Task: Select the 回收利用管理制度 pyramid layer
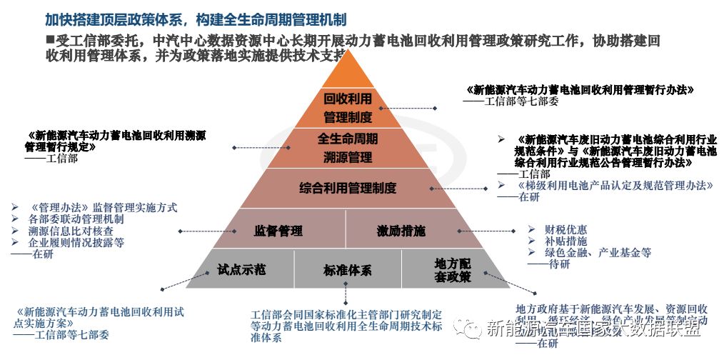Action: coord(348,107)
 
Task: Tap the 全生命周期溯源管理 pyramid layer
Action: coord(348,147)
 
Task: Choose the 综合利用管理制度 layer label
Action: coord(347,189)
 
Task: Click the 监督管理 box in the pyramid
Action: coord(278,231)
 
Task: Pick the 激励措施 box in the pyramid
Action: coord(401,231)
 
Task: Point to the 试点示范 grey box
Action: coord(241,269)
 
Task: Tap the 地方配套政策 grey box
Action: coord(453,269)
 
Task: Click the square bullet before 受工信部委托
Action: coord(51,39)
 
